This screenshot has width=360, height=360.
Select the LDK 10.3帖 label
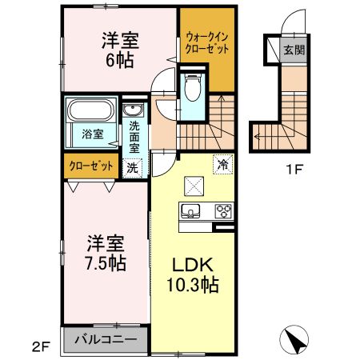[193, 274]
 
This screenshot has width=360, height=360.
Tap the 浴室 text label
[92, 134]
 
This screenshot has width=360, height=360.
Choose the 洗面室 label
[134, 137]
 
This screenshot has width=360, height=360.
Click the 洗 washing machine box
[133, 168]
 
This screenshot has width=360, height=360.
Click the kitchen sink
[190, 211]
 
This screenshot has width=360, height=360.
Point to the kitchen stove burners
[222, 212]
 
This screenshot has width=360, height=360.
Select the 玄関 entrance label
[293, 50]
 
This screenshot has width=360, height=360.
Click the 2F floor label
[41, 346]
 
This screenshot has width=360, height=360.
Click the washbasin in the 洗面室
[132, 110]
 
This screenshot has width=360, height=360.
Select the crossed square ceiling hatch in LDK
[194, 185]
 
